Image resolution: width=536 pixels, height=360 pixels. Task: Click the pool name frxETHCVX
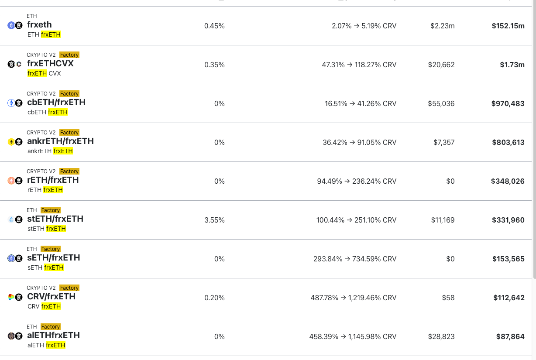(x=50, y=64)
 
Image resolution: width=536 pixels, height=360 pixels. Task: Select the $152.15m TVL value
(x=508, y=26)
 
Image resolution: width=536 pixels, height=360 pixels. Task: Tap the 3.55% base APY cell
(x=214, y=220)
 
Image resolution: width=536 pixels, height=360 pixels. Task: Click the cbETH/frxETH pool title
(x=56, y=103)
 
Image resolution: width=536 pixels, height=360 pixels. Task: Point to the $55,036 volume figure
(x=441, y=103)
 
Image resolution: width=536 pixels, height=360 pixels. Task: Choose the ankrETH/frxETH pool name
(x=60, y=141)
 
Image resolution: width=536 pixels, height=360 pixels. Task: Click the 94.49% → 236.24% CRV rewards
(x=357, y=181)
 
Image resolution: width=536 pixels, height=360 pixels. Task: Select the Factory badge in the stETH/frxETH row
(x=51, y=210)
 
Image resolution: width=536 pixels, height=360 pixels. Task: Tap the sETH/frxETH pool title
(x=53, y=258)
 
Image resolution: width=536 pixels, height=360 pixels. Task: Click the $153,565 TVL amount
(x=508, y=259)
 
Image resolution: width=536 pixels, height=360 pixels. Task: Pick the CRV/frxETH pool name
(x=51, y=297)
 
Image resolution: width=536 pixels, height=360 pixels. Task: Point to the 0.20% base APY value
(x=214, y=298)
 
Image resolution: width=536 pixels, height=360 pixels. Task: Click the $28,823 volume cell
(x=441, y=336)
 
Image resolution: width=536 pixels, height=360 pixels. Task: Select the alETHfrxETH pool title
(x=53, y=336)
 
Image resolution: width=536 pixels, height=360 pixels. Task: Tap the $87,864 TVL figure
(x=510, y=336)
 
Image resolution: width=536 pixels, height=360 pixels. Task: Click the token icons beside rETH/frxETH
(x=15, y=181)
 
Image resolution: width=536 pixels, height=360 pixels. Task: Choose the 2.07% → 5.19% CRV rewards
(x=364, y=26)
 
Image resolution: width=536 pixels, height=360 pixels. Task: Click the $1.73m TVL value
(x=512, y=65)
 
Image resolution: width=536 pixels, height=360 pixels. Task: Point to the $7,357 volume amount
(x=444, y=142)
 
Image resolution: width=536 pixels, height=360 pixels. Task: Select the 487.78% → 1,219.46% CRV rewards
(x=353, y=298)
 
